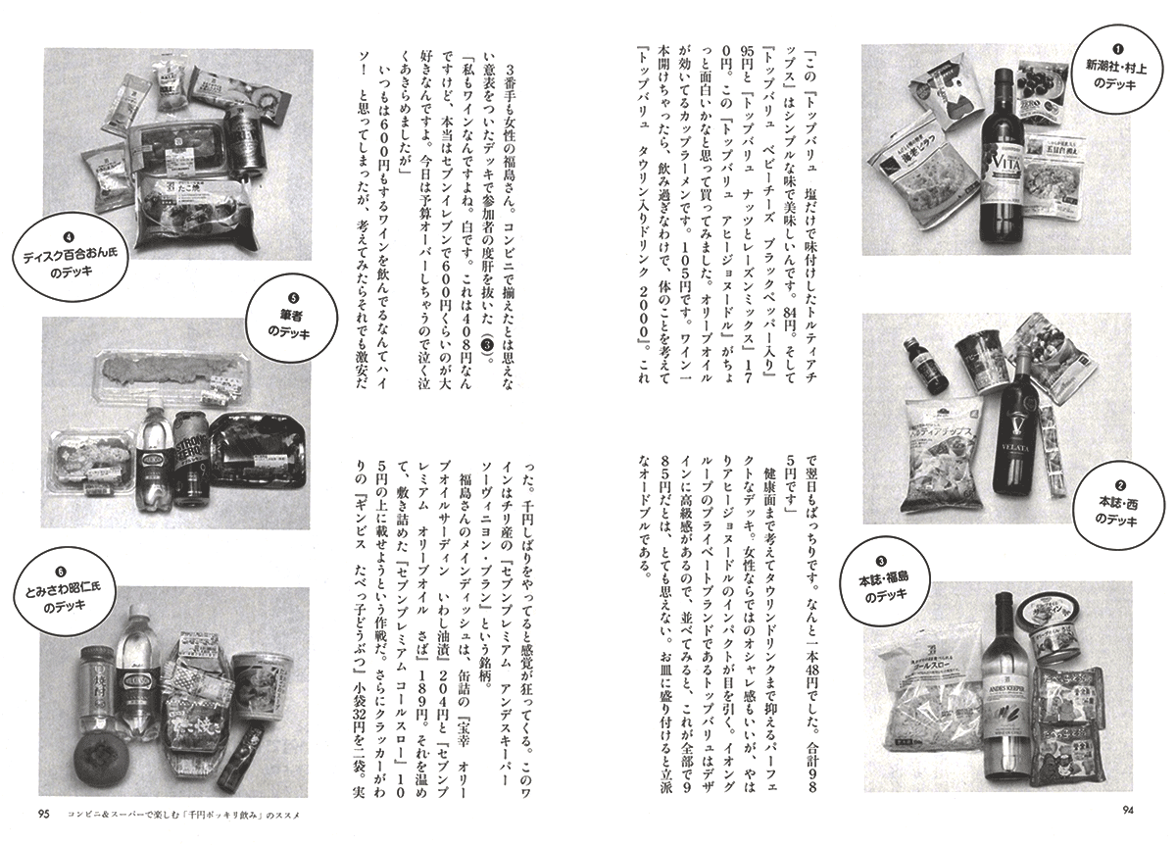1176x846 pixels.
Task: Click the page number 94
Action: [1128, 825]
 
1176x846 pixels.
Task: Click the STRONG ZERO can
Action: [191, 457]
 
